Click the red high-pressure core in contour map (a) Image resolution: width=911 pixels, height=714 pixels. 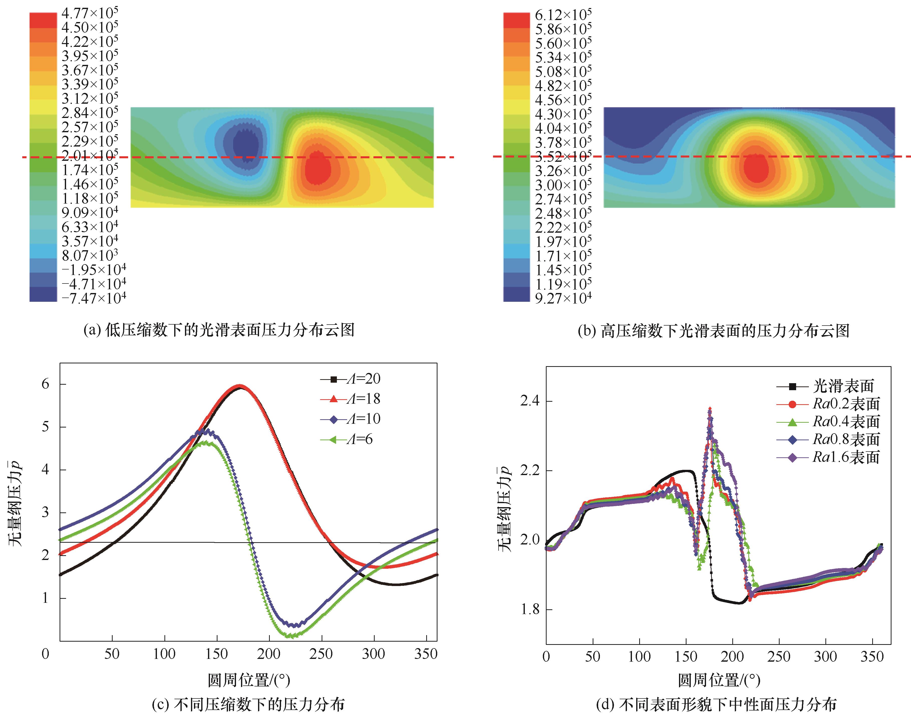(317, 169)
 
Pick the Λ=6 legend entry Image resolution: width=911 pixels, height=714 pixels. (347, 439)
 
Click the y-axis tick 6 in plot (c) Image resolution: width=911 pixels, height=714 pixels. (45, 384)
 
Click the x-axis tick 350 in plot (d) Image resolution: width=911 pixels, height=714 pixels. (872, 657)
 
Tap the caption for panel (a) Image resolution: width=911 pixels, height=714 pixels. (219, 330)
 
